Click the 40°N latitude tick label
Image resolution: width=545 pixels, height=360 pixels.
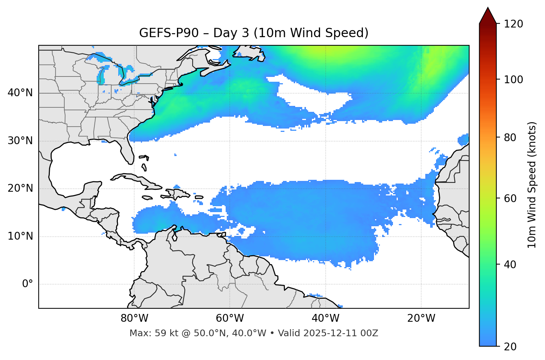pos(20,93)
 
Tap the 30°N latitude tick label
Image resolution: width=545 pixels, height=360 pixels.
pos(20,141)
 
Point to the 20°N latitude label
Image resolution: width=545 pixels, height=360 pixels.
pos(20,188)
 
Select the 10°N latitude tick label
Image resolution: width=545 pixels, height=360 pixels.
pos(20,236)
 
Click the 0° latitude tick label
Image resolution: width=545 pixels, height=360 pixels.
pos(28,284)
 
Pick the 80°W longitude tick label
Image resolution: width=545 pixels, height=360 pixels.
pos(134,318)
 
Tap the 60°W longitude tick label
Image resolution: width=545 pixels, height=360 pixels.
pos(230,318)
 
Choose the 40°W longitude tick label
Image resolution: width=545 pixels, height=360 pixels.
pos(326,318)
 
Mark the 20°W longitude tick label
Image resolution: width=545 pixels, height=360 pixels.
pos(421,318)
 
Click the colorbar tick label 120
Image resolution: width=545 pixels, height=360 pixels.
pos(513,24)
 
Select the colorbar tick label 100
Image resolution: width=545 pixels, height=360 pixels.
pos(513,80)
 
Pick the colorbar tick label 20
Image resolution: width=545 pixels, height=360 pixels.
pos(511,347)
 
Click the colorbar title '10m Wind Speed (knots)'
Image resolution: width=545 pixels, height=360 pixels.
pos(532,185)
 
